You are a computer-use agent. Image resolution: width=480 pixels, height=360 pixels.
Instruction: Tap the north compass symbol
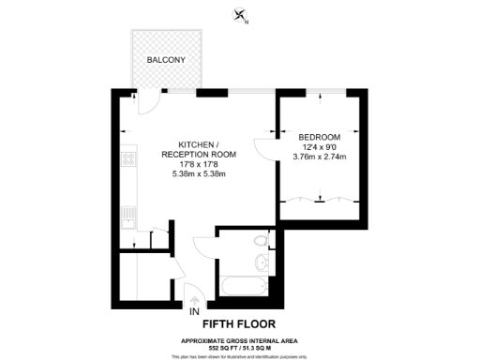tap(242, 15)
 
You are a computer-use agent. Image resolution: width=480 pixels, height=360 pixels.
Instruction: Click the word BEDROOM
tap(320, 135)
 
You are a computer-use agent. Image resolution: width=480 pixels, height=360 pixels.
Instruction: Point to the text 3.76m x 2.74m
tap(320, 157)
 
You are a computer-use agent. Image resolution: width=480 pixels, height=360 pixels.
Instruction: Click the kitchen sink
tap(128, 215)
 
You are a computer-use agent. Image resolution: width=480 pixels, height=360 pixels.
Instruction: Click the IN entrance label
tap(194, 311)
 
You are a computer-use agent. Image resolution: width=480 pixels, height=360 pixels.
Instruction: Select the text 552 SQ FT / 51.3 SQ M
tap(239, 348)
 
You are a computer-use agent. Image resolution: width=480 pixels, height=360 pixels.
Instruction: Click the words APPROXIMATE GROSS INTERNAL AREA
tap(239, 340)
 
